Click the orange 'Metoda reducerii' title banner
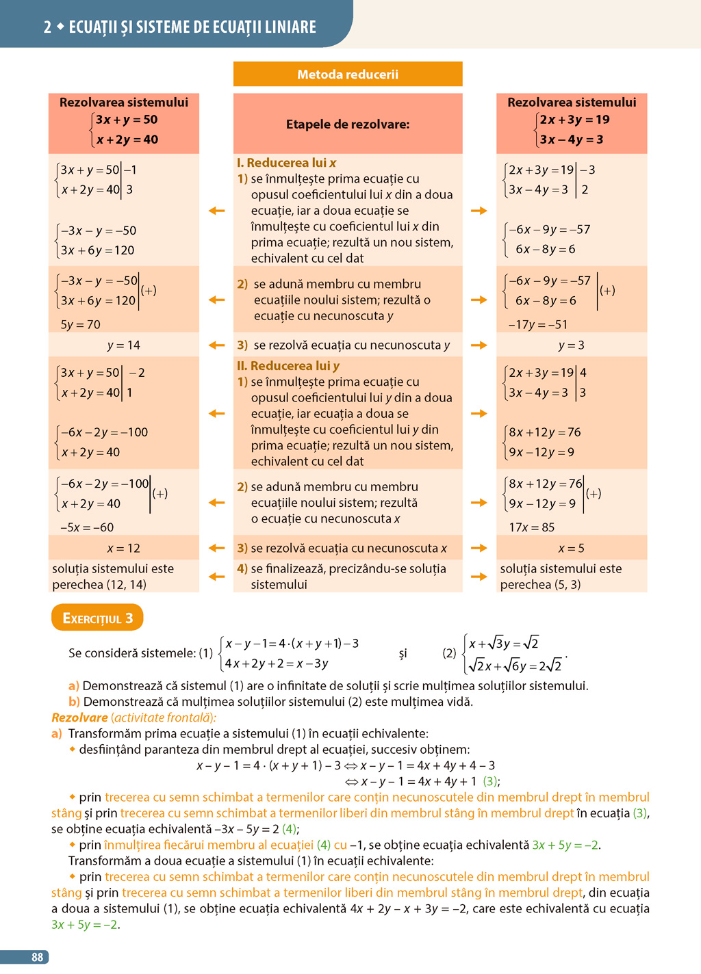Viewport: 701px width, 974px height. point(348,75)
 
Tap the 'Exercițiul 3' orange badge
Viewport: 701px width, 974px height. point(97,618)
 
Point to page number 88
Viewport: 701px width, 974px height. point(37,957)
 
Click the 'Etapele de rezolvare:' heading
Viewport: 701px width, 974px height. point(348,124)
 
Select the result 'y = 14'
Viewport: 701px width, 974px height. point(124,345)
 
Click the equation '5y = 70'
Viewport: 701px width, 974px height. point(80,325)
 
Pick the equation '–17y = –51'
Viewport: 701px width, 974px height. point(537,325)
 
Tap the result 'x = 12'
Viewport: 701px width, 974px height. point(124,549)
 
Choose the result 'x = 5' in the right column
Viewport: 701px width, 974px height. point(571,549)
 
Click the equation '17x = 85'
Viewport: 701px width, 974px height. point(531,527)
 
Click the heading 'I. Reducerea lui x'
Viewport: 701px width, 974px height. point(286,163)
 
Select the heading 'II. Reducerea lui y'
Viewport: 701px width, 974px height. point(288,366)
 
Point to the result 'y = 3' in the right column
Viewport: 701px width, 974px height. point(571,345)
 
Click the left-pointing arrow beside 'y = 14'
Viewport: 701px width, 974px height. point(216,345)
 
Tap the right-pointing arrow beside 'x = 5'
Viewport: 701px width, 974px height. point(479,548)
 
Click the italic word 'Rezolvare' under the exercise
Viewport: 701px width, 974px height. point(79,718)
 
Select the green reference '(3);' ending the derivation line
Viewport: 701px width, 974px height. point(492,781)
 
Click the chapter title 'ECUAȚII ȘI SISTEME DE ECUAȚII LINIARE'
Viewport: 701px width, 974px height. point(192,27)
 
